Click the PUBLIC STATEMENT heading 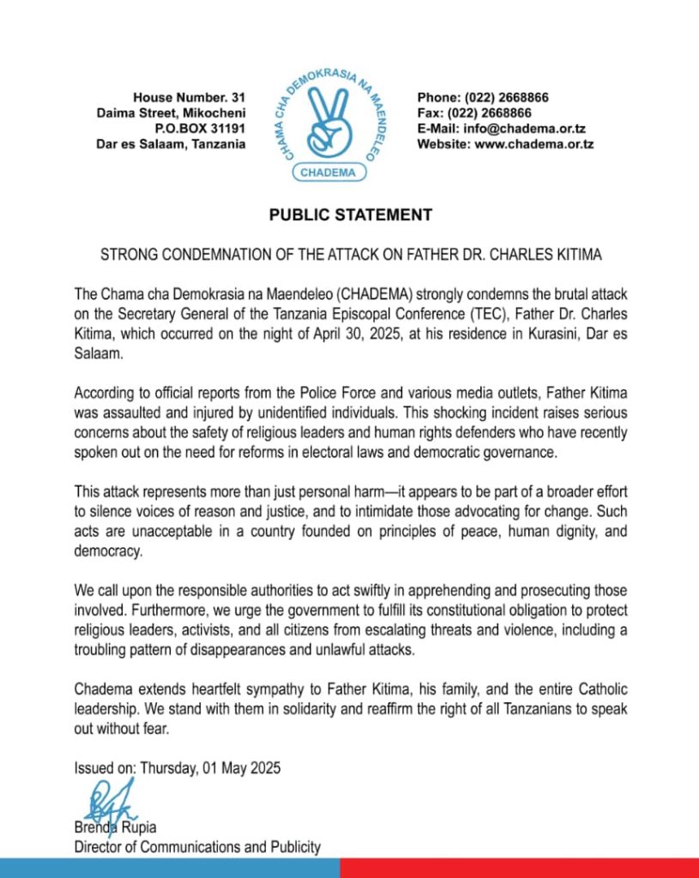tap(350, 215)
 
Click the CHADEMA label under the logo tap(331, 172)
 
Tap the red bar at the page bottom tap(519, 868)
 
